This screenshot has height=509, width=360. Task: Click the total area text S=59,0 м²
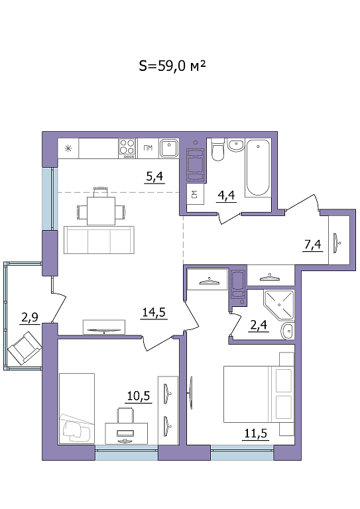(x=172, y=66)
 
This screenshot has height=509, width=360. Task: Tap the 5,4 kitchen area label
(x=154, y=176)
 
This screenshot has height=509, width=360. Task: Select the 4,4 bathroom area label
(x=226, y=196)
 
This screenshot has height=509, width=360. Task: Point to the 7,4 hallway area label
(x=313, y=245)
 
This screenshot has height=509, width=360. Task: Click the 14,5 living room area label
(x=154, y=312)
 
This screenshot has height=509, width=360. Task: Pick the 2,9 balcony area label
(x=30, y=317)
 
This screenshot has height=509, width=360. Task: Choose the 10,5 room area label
(x=139, y=396)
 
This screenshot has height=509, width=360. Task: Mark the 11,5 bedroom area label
(x=255, y=433)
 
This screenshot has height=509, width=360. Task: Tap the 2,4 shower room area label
(x=259, y=325)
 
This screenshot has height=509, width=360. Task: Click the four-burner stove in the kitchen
(x=127, y=148)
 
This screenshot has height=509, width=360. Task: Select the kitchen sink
(x=169, y=148)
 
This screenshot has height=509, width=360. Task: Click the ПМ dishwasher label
(x=148, y=148)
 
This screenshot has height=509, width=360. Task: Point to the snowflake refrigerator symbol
(x=68, y=148)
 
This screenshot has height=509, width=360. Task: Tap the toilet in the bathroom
(x=218, y=149)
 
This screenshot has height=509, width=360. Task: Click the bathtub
(x=258, y=168)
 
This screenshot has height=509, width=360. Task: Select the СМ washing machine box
(x=196, y=194)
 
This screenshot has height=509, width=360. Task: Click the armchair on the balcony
(x=25, y=348)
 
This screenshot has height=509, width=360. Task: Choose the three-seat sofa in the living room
(x=99, y=240)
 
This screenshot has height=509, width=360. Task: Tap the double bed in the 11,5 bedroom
(x=259, y=394)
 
